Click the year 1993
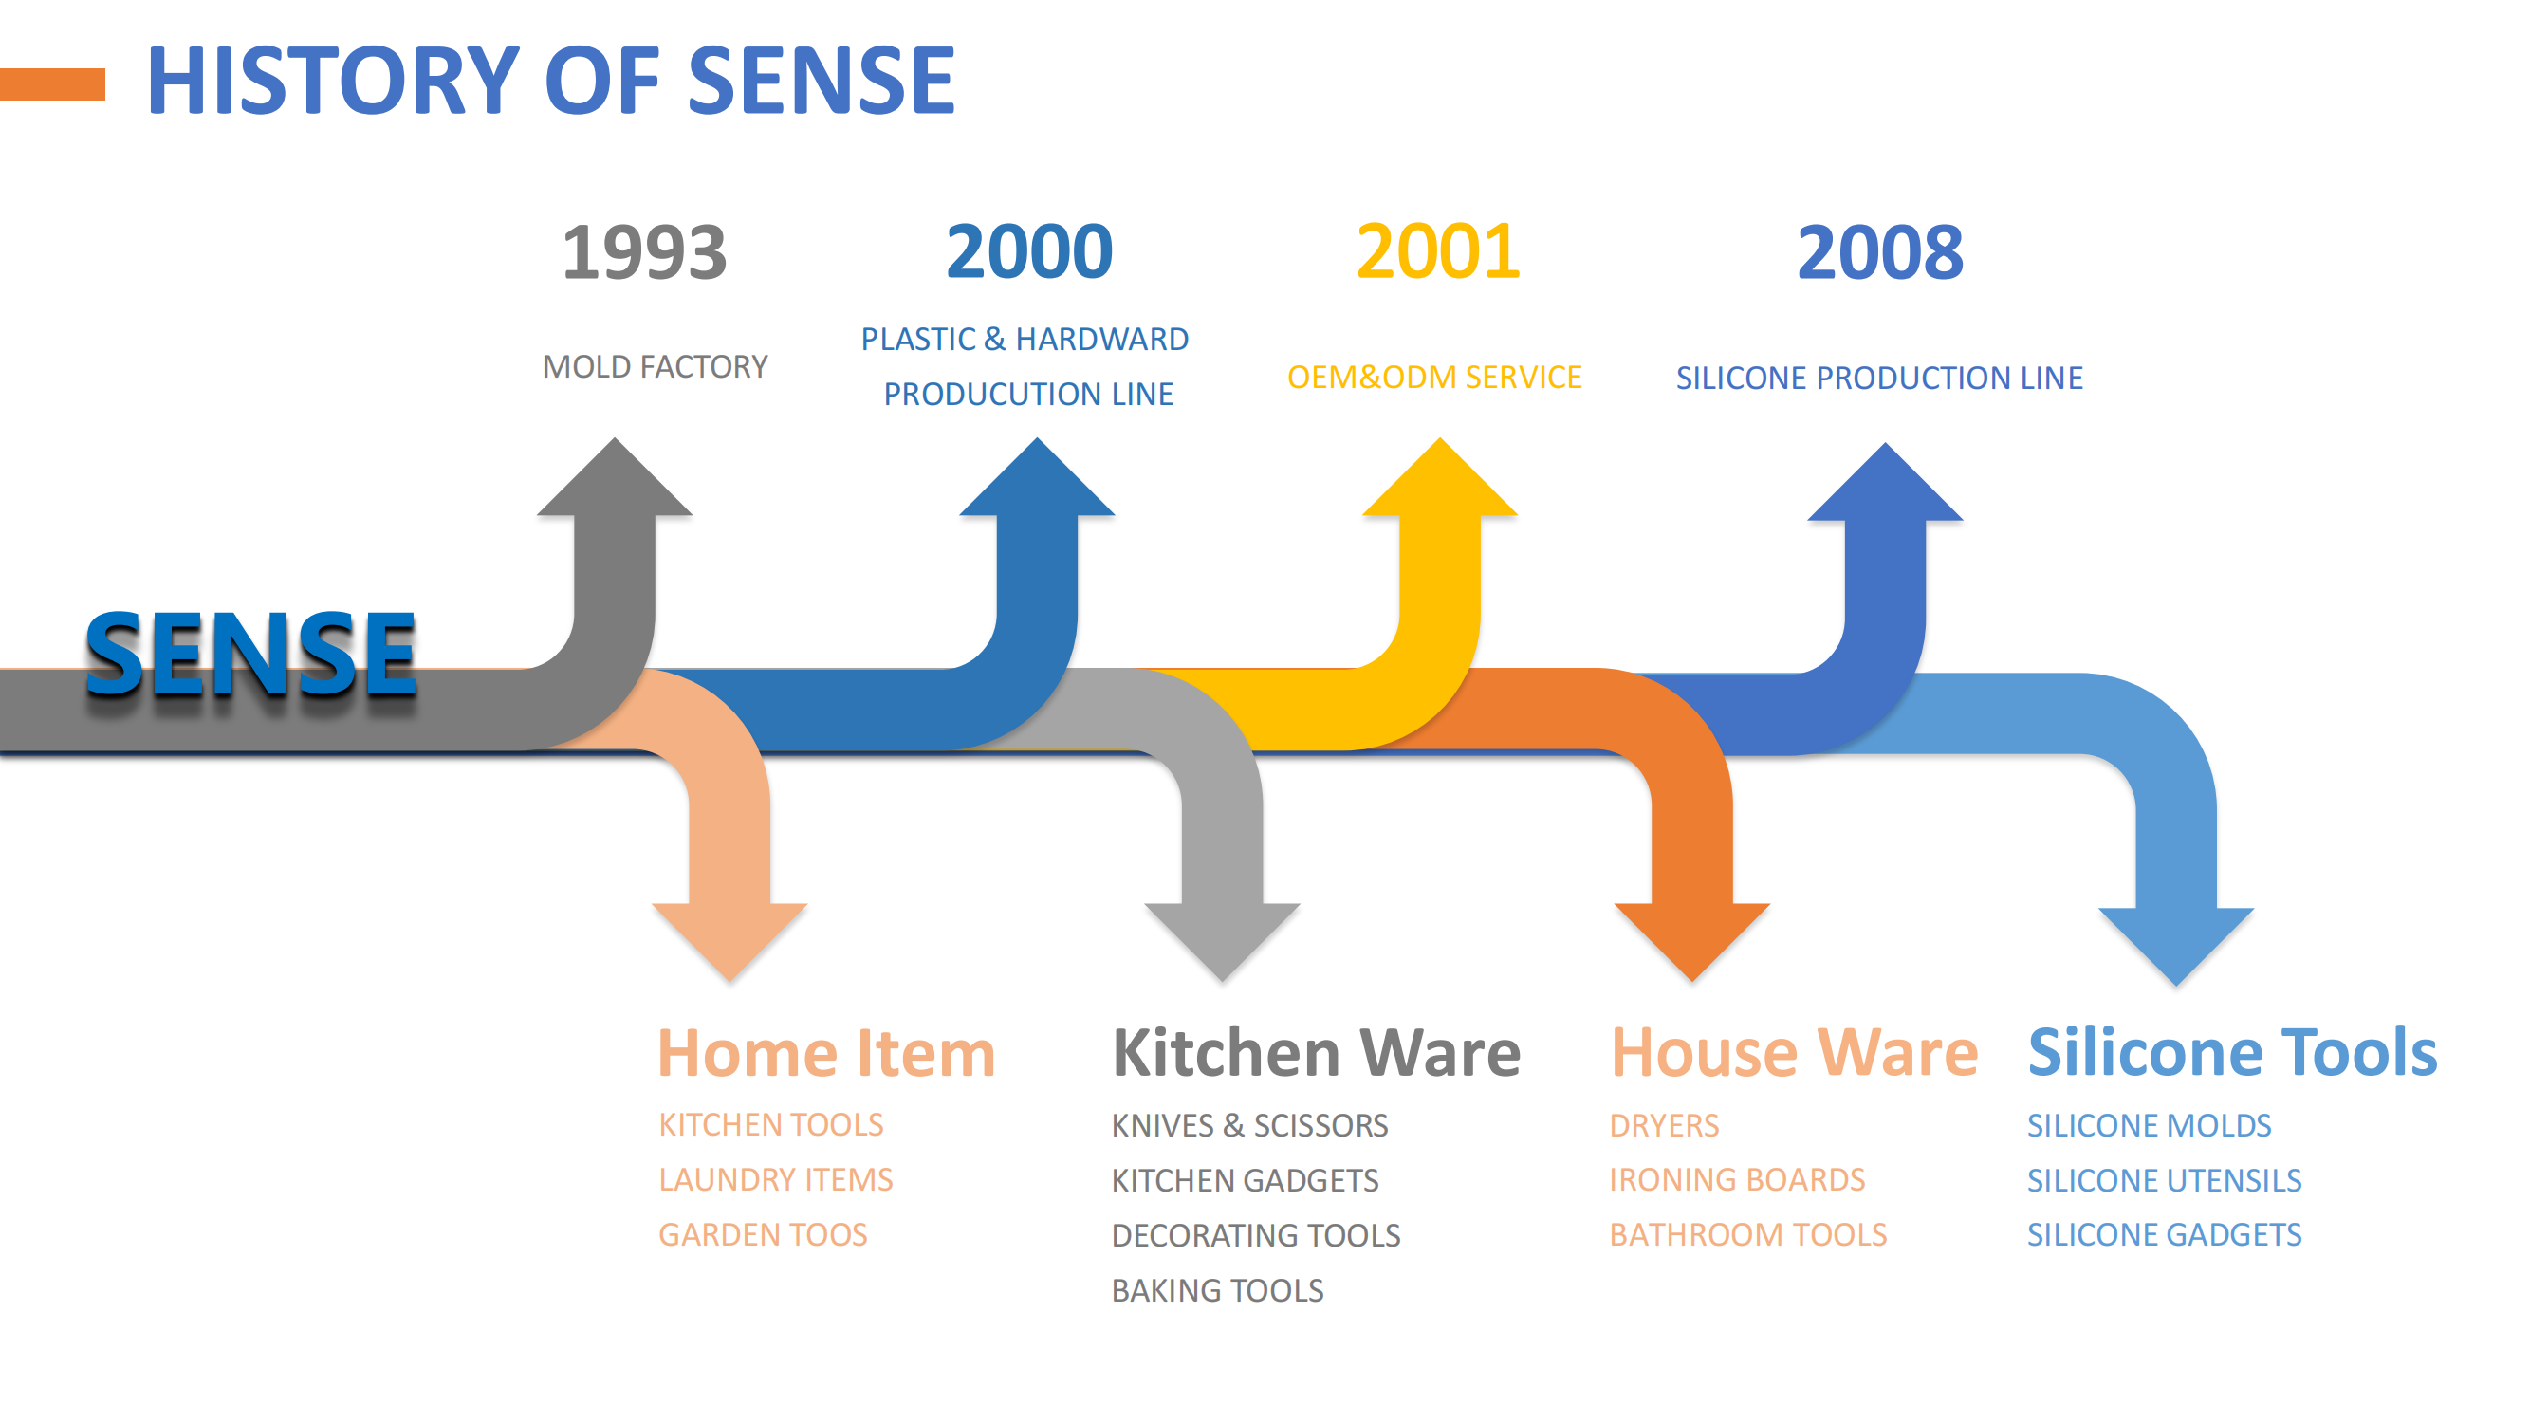[644, 251]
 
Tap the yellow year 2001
[1439, 251]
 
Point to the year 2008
[1880, 252]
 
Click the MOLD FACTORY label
[656, 366]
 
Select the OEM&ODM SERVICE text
[1434, 378]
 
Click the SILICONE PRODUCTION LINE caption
[1879, 379]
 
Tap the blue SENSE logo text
[250, 653]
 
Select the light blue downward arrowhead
[2175, 947]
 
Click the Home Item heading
[827, 1053]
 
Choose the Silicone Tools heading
[2232, 1053]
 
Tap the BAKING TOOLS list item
[1217, 1290]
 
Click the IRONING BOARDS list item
[1736, 1179]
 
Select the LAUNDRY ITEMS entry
[776, 1179]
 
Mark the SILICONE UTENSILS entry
[2165, 1180]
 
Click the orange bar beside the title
[52, 83]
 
